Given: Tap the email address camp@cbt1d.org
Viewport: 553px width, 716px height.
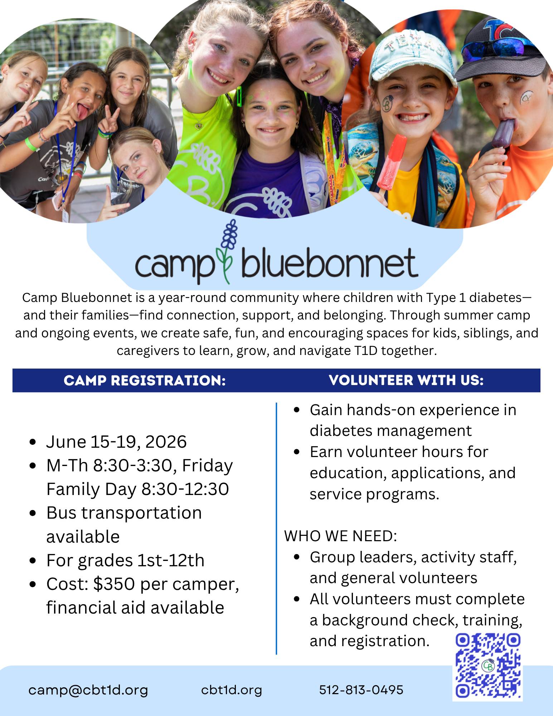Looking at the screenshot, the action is pos(88,690).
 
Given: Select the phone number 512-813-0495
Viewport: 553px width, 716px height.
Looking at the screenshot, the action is pos(361,689).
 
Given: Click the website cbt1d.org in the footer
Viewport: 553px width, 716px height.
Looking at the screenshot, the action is pos(232,689).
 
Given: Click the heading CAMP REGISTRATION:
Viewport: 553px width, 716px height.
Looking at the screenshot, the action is pos(145,380).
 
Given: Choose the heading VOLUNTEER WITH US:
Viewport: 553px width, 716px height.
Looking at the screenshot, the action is pos(406,380).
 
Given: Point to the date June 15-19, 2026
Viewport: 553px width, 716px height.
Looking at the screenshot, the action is pos(116,442).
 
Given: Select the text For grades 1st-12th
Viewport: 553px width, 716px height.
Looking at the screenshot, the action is pos(125,560).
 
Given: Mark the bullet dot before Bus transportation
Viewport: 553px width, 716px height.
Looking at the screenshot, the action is pos(33,513).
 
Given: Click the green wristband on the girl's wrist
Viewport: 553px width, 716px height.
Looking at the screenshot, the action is pos(31,145).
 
